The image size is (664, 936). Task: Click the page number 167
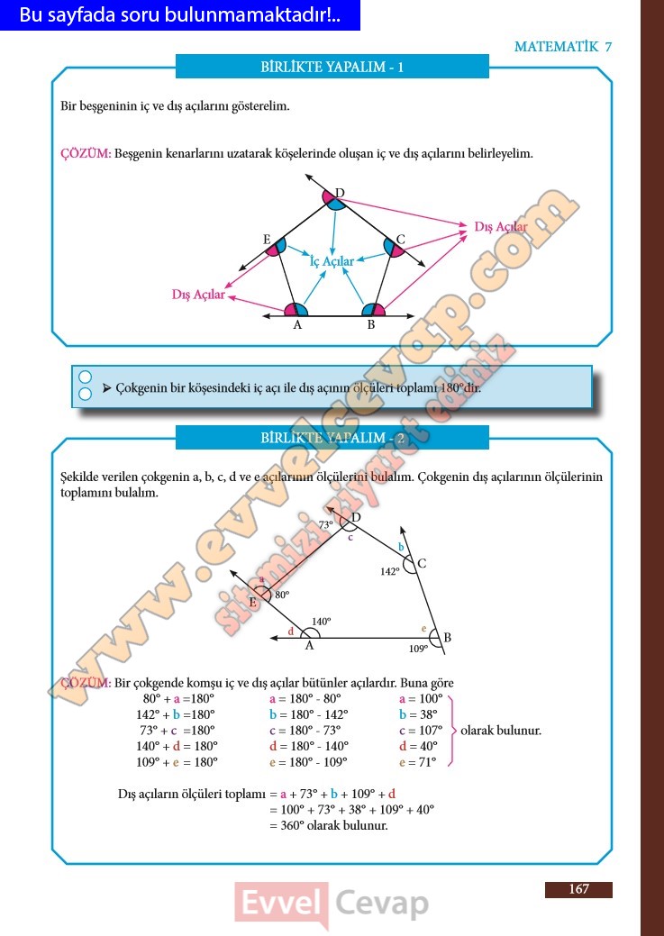pyautogui.click(x=578, y=889)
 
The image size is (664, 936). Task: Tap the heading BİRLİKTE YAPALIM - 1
pyautogui.click(x=332, y=68)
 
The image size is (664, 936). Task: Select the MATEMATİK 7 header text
pyautogui.click(x=562, y=47)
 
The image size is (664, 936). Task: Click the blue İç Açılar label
pyautogui.click(x=332, y=261)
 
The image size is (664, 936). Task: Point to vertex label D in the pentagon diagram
pyautogui.click(x=340, y=192)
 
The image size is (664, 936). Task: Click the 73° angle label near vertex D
pyautogui.click(x=325, y=523)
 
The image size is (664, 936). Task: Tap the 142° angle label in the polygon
pyautogui.click(x=388, y=571)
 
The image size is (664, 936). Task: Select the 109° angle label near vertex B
pyautogui.click(x=418, y=648)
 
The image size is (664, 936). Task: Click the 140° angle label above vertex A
pyautogui.click(x=322, y=622)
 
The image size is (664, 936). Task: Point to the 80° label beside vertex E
pyautogui.click(x=282, y=595)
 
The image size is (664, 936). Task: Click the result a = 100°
pyautogui.click(x=421, y=698)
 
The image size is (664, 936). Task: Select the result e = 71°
pyautogui.click(x=417, y=762)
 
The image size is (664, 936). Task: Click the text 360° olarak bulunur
pyautogui.click(x=329, y=824)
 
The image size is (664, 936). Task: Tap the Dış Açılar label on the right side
pyautogui.click(x=501, y=227)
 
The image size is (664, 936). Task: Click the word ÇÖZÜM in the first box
pyautogui.click(x=86, y=154)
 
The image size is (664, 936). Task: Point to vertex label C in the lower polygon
pyautogui.click(x=421, y=564)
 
